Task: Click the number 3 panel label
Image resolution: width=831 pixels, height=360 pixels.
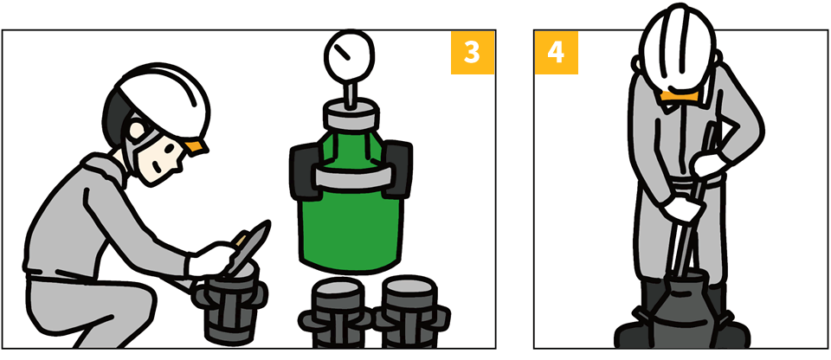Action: [473, 52]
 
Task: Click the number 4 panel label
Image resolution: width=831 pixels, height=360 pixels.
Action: [556, 52]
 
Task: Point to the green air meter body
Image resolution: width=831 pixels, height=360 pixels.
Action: [351, 212]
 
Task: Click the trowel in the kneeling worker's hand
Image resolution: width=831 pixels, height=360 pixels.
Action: [248, 247]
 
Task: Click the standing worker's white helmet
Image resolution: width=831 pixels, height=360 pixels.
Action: [679, 50]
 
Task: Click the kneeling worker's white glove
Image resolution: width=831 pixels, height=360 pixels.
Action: [211, 260]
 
